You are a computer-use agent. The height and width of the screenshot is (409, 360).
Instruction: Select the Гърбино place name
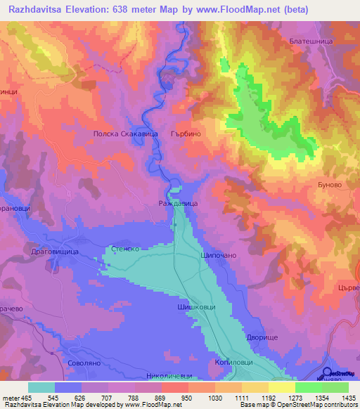(x=186, y=133)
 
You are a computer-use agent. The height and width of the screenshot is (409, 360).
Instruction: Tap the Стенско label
(x=127, y=249)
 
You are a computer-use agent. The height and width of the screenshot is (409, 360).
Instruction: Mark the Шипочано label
(x=218, y=255)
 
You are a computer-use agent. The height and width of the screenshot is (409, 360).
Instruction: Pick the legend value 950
(x=186, y=398)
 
